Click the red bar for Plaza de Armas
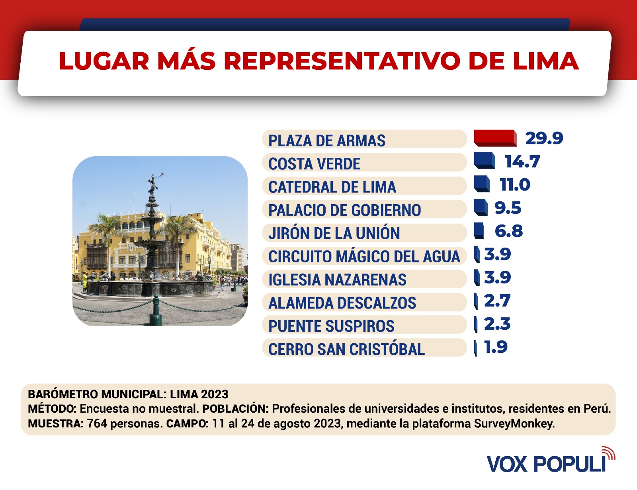[x=495, y=138]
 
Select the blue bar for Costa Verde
[x=484, y=161]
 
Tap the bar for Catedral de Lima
[x=482, y=184]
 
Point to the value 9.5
[x=508, y=208]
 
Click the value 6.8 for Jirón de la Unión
[x=508, y=231]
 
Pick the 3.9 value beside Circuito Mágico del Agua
[x=497, y=254]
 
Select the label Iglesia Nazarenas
[x=337, y=279]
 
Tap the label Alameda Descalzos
[x=342, y=303]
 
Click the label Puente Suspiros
[x=331, y=326]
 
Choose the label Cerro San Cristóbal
[x=346, y=349]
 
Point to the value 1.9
[x=496, y=347]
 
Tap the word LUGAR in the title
[x=104, y=61]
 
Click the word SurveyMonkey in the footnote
[x=514, y=423]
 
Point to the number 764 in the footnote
[x=97, y=423]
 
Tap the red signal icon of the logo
[x=609, y=453]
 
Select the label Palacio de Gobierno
[x=344, y=210]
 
